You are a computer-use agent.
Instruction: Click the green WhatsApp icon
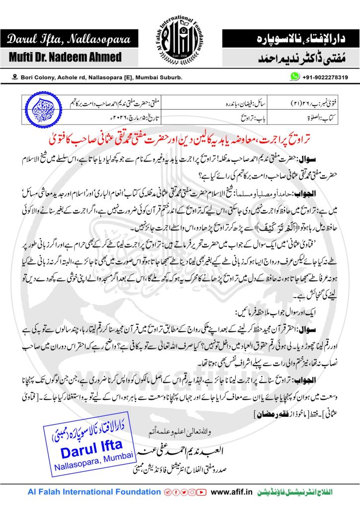296,77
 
